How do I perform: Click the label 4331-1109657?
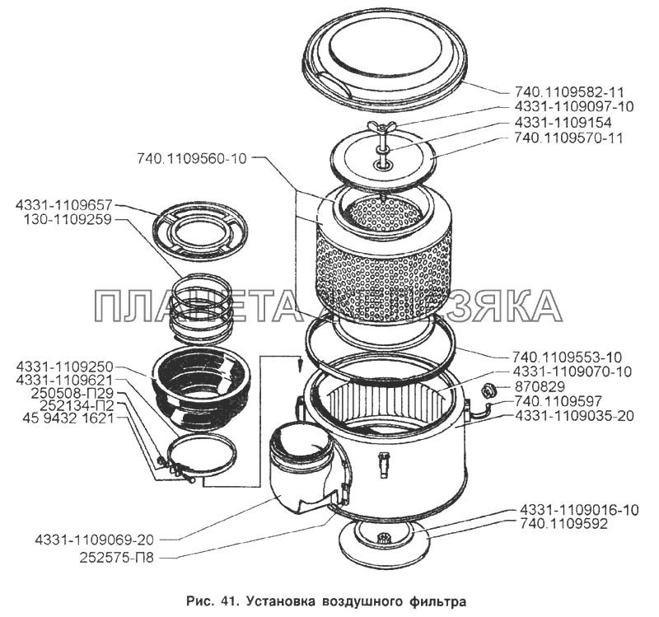click(63, 204)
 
